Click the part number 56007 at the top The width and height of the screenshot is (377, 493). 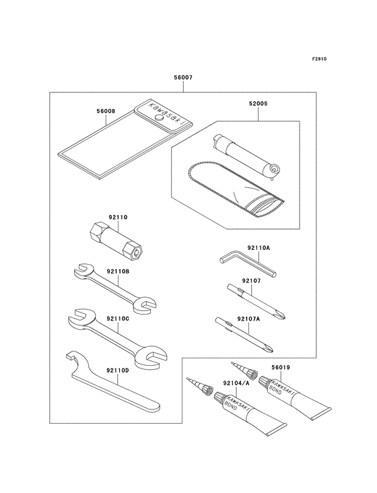click(x=183, y=77)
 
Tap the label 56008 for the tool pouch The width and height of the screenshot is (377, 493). click(x=106, y=111)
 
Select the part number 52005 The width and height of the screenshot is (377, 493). click(x=259, y=104)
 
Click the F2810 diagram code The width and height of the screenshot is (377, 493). click(x=320, y=59)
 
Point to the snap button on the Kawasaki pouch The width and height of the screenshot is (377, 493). click(x=160, y=118)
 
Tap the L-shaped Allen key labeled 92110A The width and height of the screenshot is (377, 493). click(x=247, y=263)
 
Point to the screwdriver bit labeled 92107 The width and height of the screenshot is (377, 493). click(x=256, y=302)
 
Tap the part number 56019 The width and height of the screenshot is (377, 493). click(x=281, y=367)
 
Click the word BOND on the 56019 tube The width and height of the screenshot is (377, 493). click(x=275, y=390)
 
